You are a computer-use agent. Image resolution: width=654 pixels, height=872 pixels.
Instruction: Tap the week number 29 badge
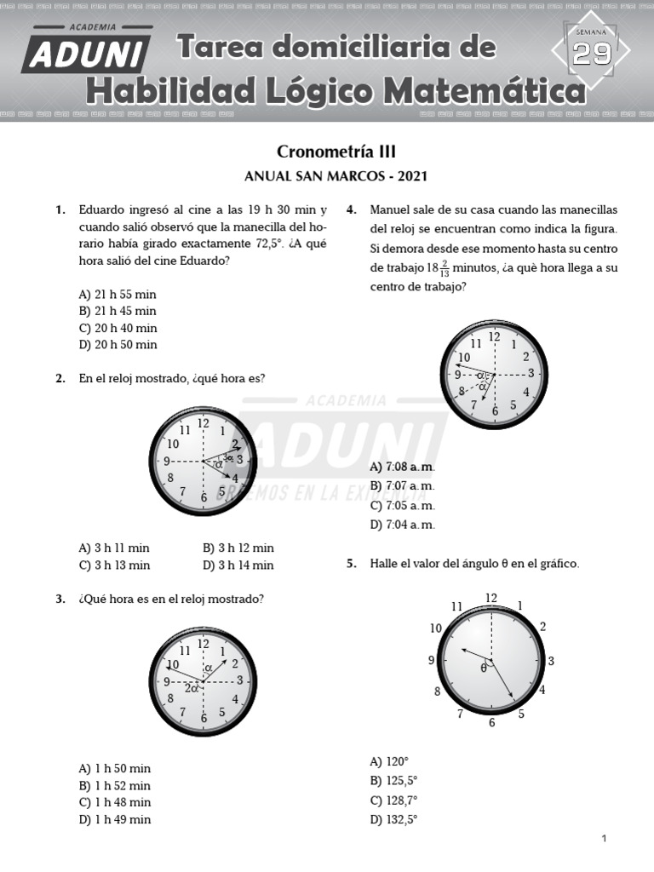point(591,54)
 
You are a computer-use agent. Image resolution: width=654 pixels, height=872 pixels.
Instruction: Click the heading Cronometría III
point(336,152)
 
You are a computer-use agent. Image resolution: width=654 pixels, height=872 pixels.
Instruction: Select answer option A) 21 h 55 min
point(118,294)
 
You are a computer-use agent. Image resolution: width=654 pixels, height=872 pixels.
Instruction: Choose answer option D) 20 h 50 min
point(118,345)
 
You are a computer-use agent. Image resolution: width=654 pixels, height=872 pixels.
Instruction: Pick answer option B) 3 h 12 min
point(238,548)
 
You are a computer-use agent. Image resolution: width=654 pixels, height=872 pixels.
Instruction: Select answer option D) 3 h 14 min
point(238,565)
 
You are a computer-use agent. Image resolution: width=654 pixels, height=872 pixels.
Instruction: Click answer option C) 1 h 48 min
point(115,802)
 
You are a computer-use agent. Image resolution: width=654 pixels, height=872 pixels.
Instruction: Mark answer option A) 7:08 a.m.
point(403,468)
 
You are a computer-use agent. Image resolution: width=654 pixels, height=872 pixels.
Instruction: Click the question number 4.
point(351,209)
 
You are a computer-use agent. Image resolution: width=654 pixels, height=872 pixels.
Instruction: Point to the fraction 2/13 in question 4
point(445,270)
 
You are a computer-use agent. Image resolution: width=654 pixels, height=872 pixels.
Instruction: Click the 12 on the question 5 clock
point(491,598)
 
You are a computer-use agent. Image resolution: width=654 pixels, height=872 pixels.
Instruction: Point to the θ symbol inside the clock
point(484,668)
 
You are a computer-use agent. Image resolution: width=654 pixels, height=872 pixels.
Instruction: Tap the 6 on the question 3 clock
point(204,718)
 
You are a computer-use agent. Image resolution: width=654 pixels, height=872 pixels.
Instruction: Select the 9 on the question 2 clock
point(168,461)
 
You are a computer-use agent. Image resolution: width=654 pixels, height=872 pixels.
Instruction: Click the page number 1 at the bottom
point(604,839)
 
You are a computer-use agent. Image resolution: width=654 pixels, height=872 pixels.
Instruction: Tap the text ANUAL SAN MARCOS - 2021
point(336,177)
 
